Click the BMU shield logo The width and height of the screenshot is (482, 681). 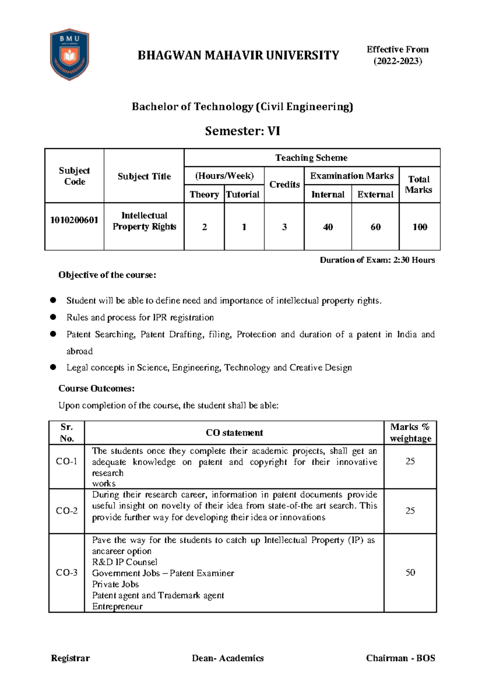69,55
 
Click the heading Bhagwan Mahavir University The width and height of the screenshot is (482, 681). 238,55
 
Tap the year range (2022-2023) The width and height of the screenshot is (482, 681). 398,61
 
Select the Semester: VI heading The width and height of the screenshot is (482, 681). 242,131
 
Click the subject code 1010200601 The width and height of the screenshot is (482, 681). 74,220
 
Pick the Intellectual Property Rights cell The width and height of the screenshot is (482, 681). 144,221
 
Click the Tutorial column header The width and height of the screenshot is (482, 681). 243,194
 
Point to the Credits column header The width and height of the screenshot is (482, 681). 284,184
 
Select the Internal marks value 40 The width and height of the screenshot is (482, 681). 328,227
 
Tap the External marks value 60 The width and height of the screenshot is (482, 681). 376,227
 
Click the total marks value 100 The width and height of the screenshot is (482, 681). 420,227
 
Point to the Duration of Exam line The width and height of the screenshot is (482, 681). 377,260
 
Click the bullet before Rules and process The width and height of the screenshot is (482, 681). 53,317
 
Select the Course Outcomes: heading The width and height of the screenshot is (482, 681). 96,388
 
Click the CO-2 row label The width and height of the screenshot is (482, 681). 67,511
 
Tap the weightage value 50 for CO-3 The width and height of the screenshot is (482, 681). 410,573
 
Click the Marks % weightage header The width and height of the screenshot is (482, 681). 410,433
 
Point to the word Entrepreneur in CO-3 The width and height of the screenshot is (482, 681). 117,606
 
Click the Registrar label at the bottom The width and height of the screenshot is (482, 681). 70,658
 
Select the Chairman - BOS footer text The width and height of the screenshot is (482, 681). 400,658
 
